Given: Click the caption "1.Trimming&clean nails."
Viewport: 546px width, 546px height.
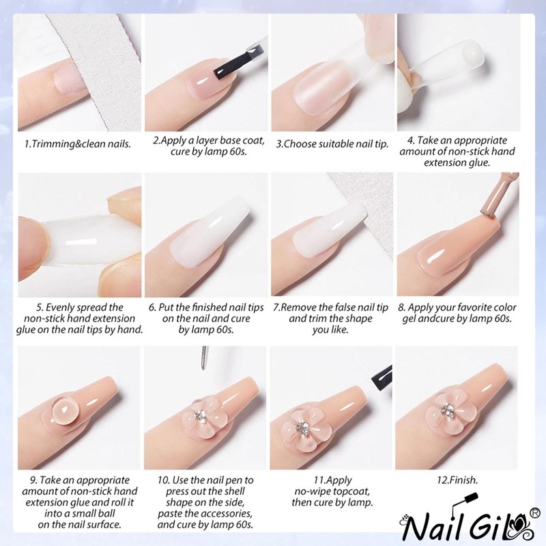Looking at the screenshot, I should pos(78,144).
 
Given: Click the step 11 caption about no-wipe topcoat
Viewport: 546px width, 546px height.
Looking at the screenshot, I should pos(332,491).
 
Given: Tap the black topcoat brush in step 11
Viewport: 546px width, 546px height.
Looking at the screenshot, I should pos(380,373).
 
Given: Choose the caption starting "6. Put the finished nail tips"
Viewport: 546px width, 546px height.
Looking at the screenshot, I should pos(206,319).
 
